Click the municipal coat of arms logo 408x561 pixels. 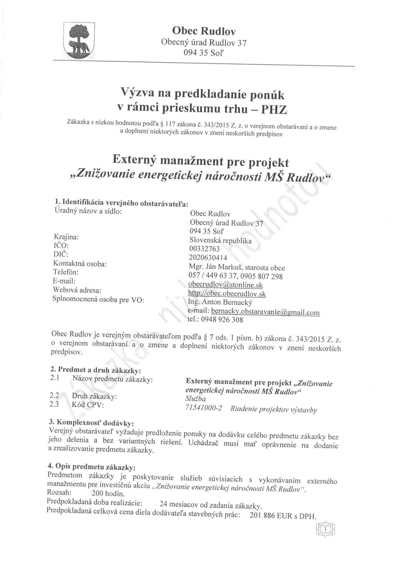coord(79,40)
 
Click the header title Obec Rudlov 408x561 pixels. coord(204,30)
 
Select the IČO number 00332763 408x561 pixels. coord(205,249)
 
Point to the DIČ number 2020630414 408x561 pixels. coord(208,258)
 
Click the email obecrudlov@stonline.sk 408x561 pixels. coord(225,285)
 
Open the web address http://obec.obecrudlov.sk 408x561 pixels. coord(227,294)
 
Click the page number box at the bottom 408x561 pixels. coord(325,529)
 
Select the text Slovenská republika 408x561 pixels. coord(221,240)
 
